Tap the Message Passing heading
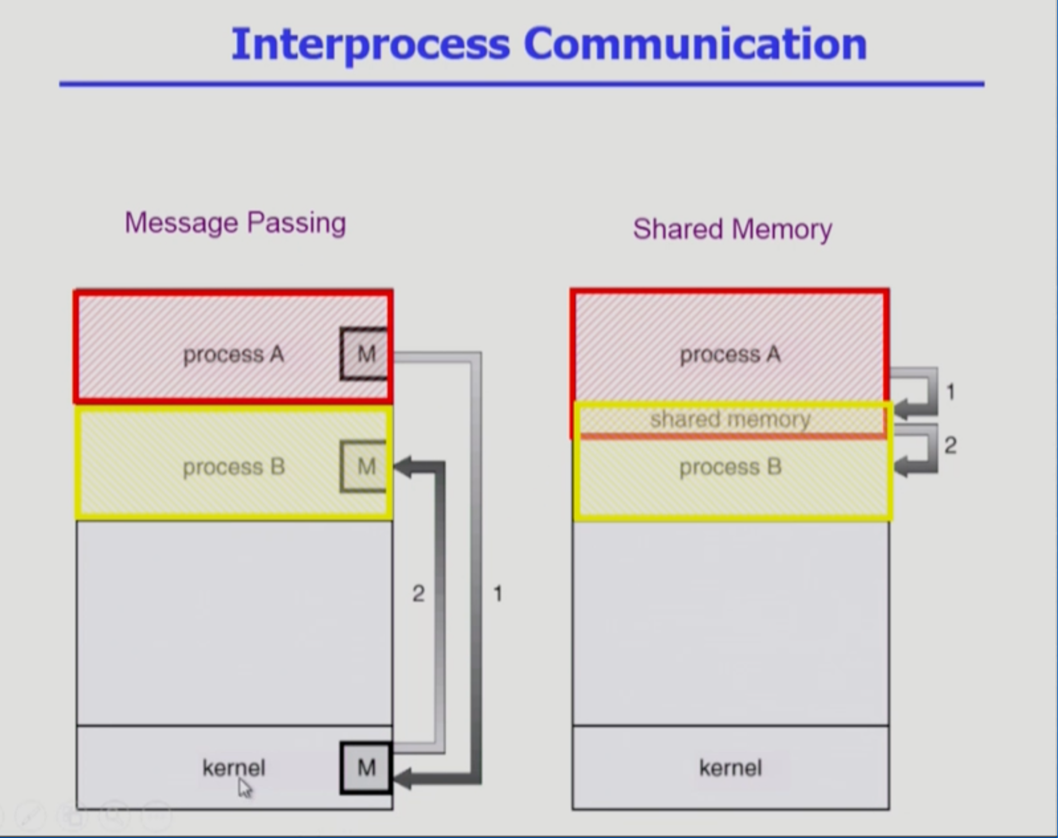coord(236,223)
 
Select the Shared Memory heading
coord(732,229)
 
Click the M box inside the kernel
coord(366,767)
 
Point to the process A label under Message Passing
coord(234,354)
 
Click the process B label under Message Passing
coord(234,467)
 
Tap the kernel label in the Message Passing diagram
coord(234,768)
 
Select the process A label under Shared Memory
coord(730,354)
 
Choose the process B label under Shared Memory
coord(730,467)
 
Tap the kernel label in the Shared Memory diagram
coord(730,768)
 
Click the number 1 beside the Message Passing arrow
coord(498,594)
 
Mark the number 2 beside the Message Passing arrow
coord(418,594)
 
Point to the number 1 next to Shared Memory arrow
coord(951,392)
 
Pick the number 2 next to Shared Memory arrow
coord(951,445)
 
